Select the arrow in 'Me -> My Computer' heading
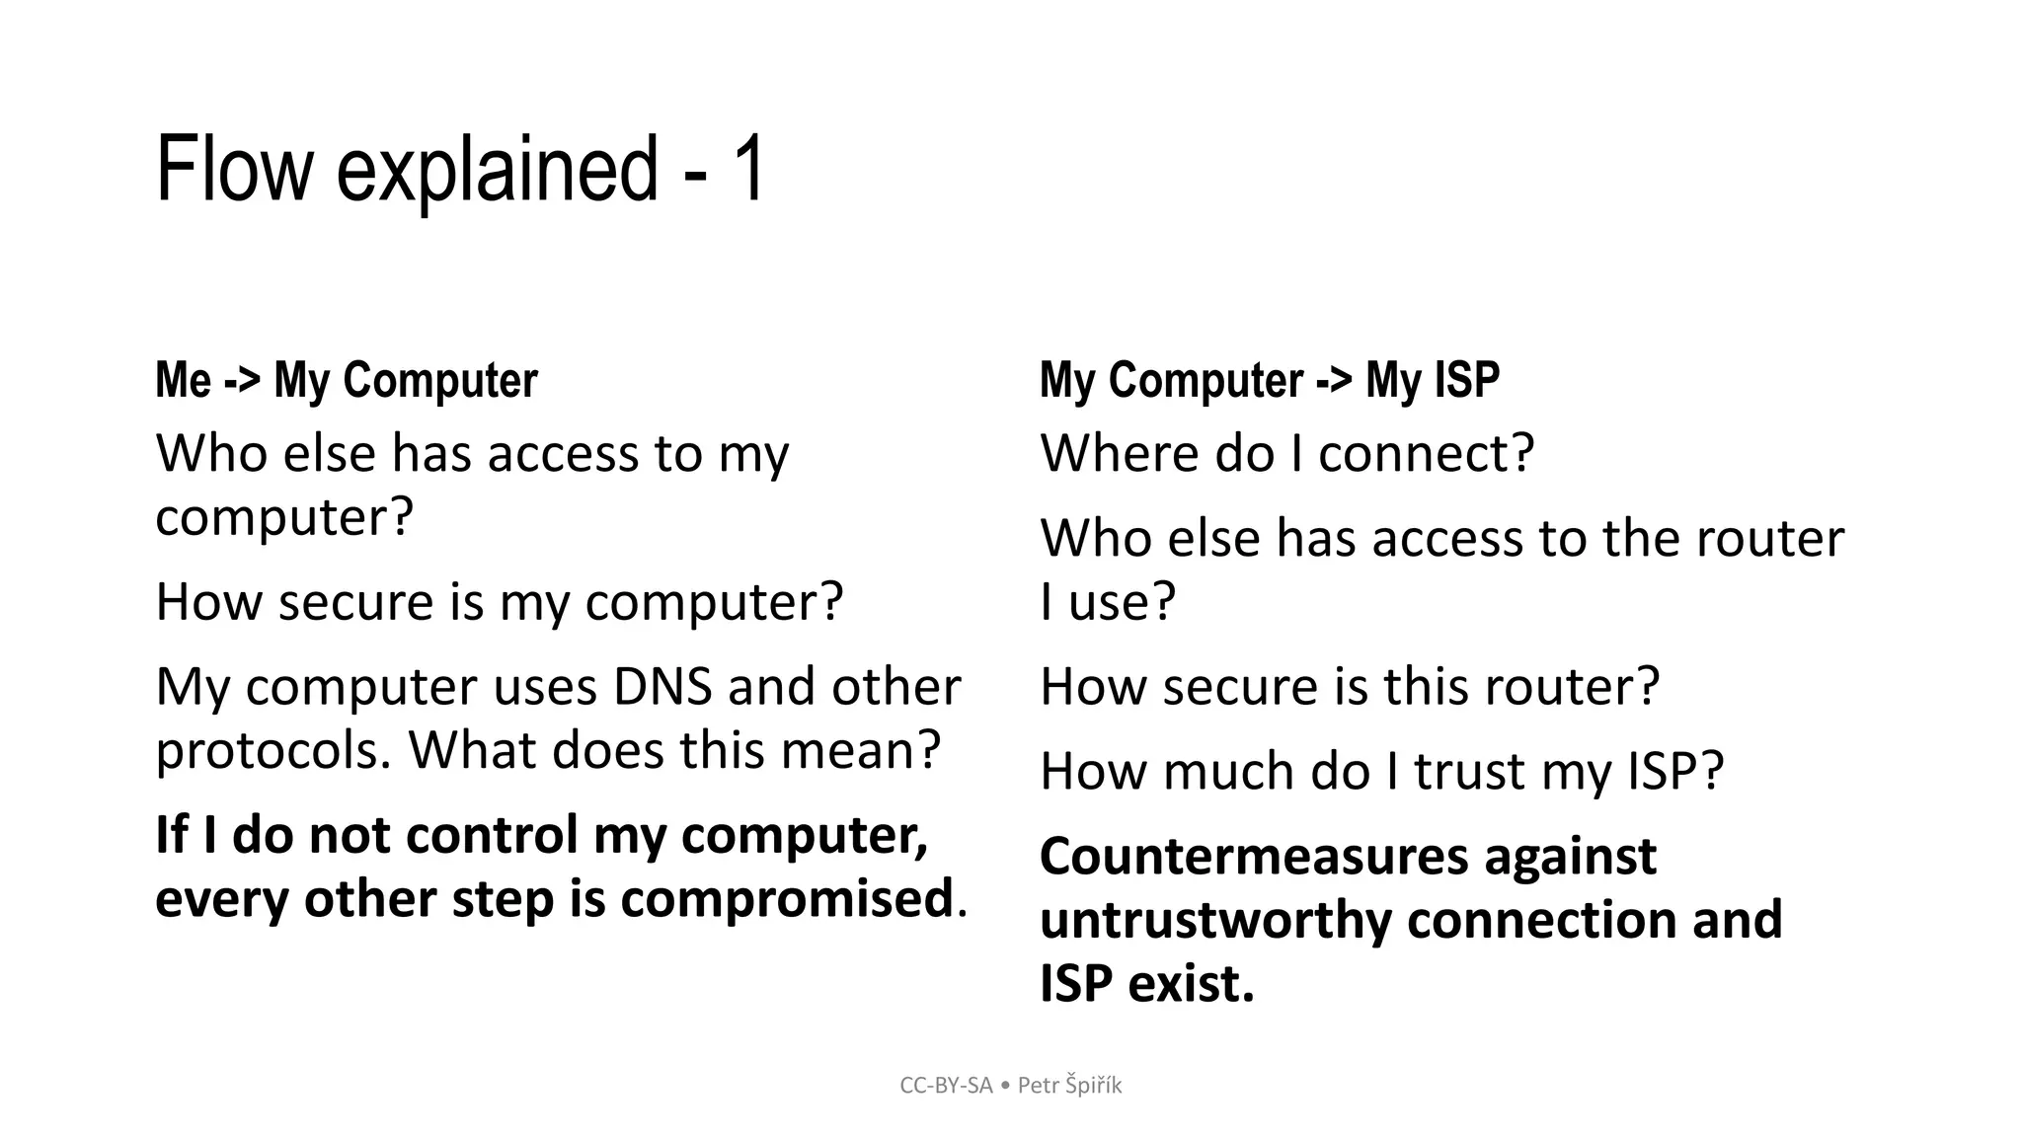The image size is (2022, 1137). [242, 381]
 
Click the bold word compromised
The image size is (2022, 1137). [785, 898]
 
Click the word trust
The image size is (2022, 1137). [1469, 771]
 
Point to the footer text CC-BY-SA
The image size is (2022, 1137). [945, 1086]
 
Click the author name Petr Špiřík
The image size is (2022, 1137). [1069, 1086]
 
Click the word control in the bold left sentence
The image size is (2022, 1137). [492, 835]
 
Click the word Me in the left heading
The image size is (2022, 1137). [184, 381]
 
